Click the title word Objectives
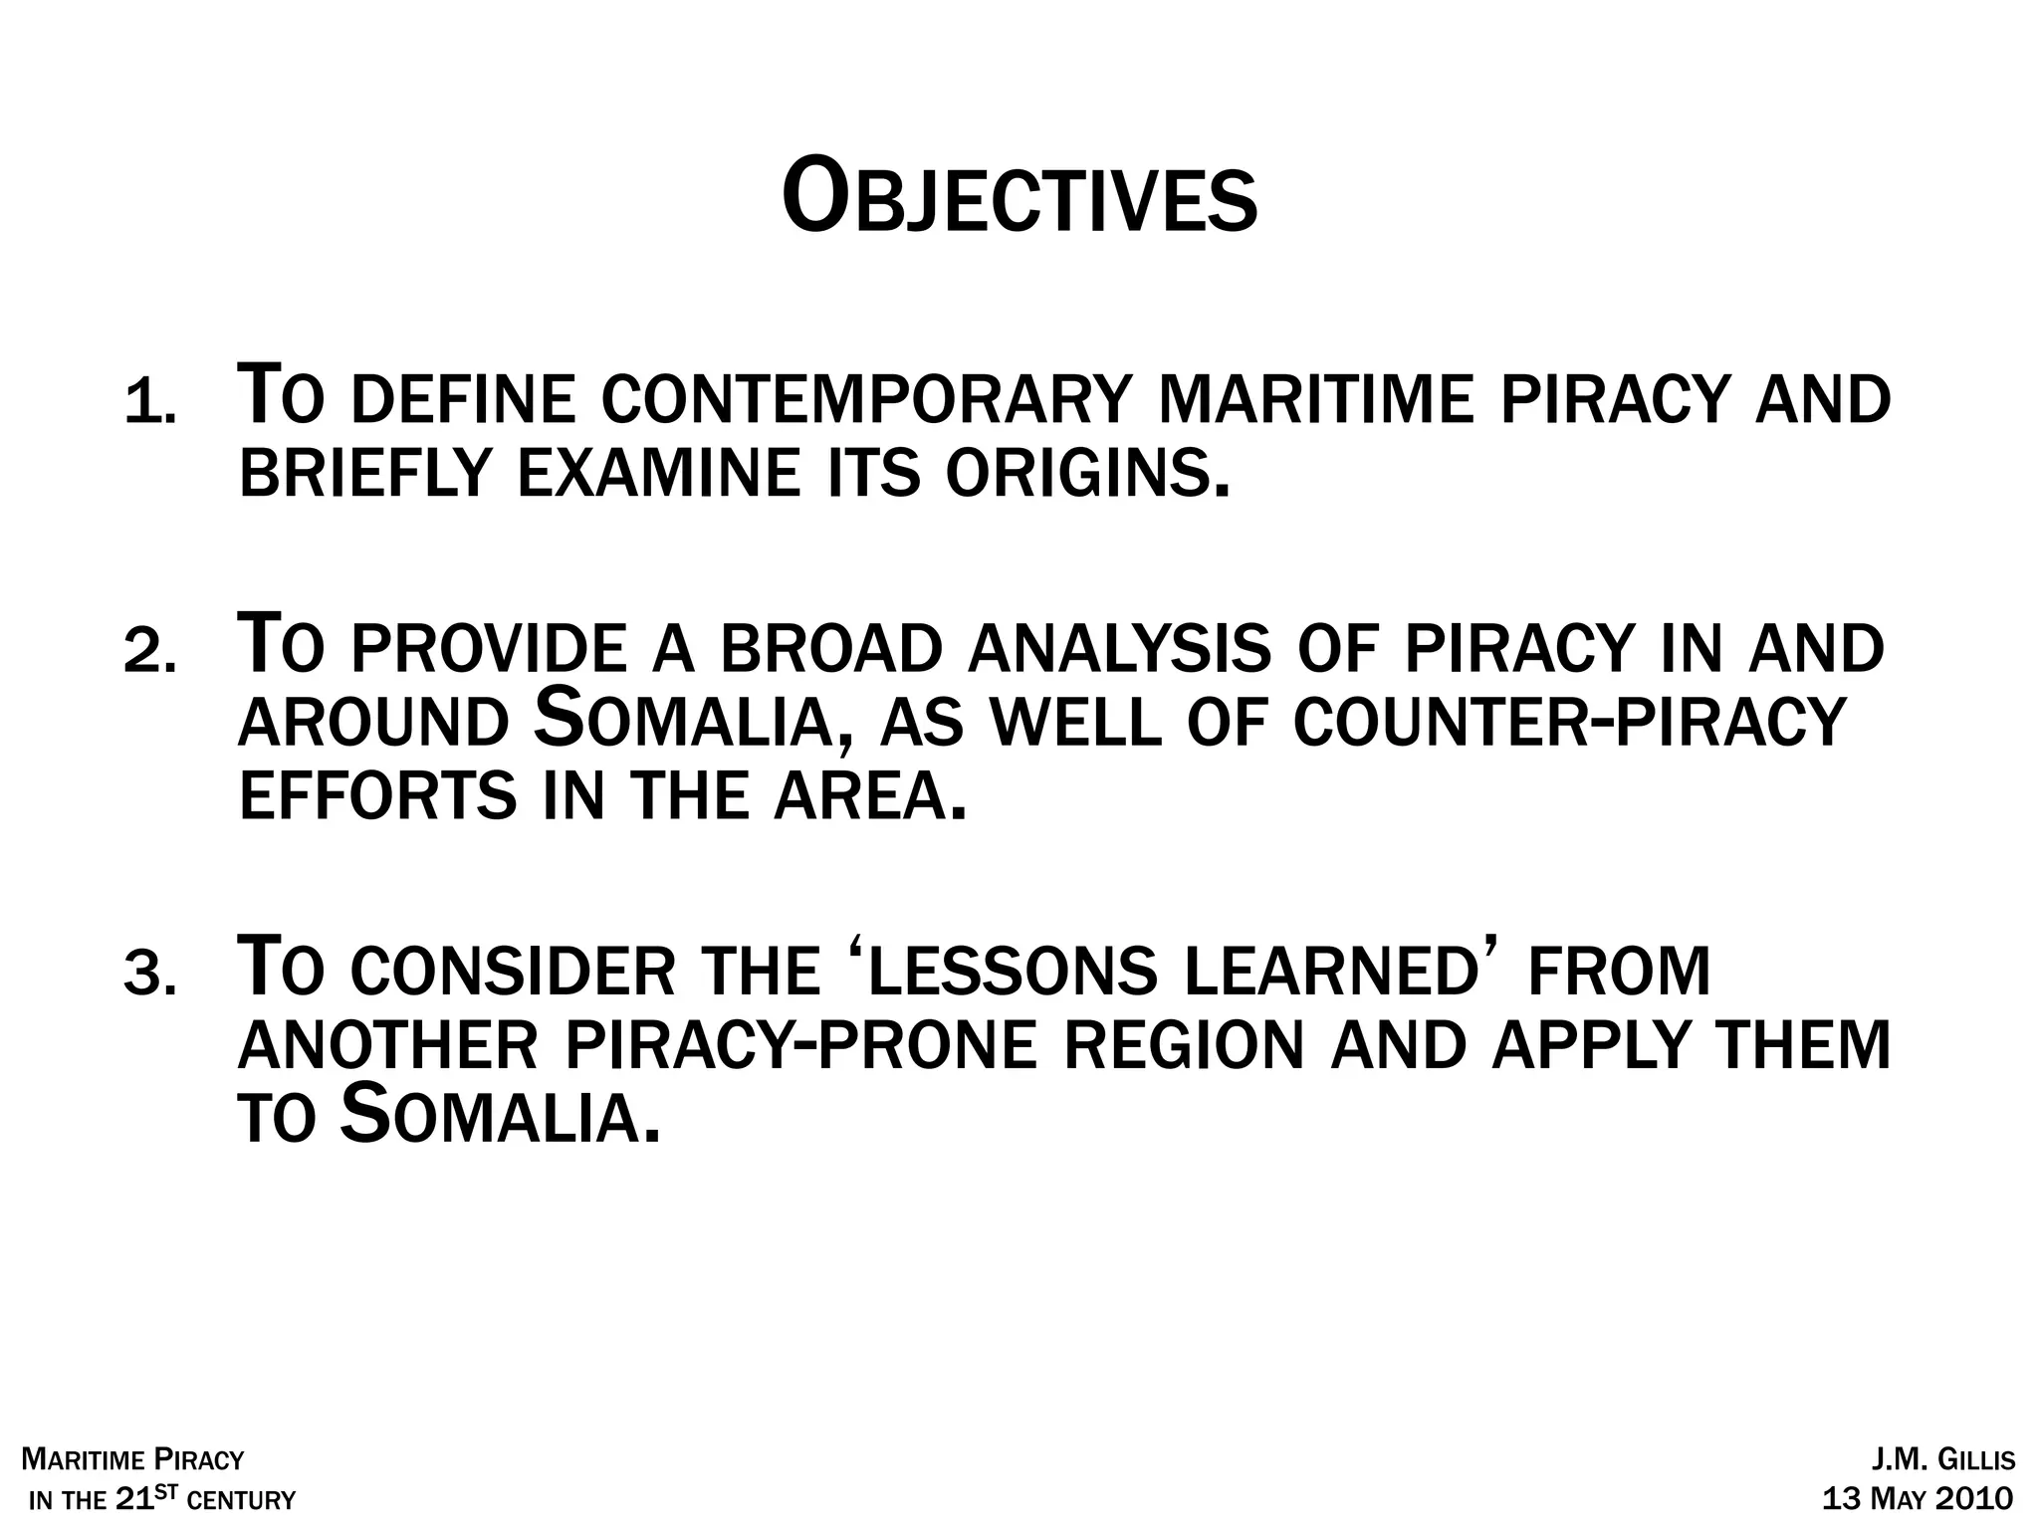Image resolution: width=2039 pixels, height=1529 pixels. tap(1019, 199)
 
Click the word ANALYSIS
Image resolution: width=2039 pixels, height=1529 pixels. tap(1119, 649)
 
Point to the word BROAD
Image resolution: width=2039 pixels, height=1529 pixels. tap(830, 649)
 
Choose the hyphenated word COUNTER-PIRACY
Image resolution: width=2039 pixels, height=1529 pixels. tap(1569, 723)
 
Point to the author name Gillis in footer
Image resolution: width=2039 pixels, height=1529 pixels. tap(1975, 1461)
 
